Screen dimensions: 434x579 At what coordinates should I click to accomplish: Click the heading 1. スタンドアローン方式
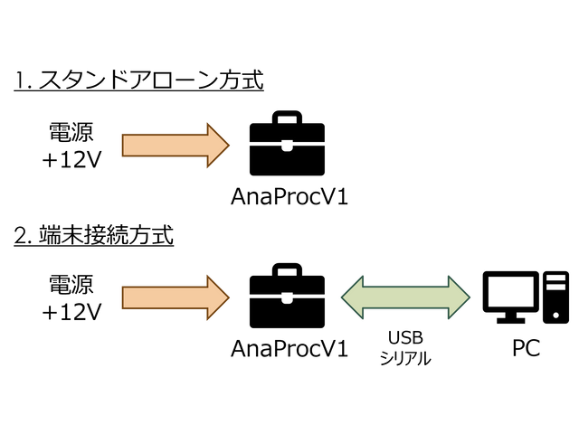pyautogui.click(x=138, y=81)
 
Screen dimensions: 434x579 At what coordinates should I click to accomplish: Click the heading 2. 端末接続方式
pyautogui.click(x=94, y=237)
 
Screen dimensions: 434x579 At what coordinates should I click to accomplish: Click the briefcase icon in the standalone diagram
pyautogui.click(x=288, y=144)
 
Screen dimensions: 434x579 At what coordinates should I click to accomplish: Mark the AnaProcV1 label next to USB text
pyautogui.click(x=289, y=349)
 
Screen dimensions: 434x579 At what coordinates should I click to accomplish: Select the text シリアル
pyautogui.click(x=405, y=357)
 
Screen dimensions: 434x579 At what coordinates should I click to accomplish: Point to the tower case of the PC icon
pyautogui.click(x=555, y=297)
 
